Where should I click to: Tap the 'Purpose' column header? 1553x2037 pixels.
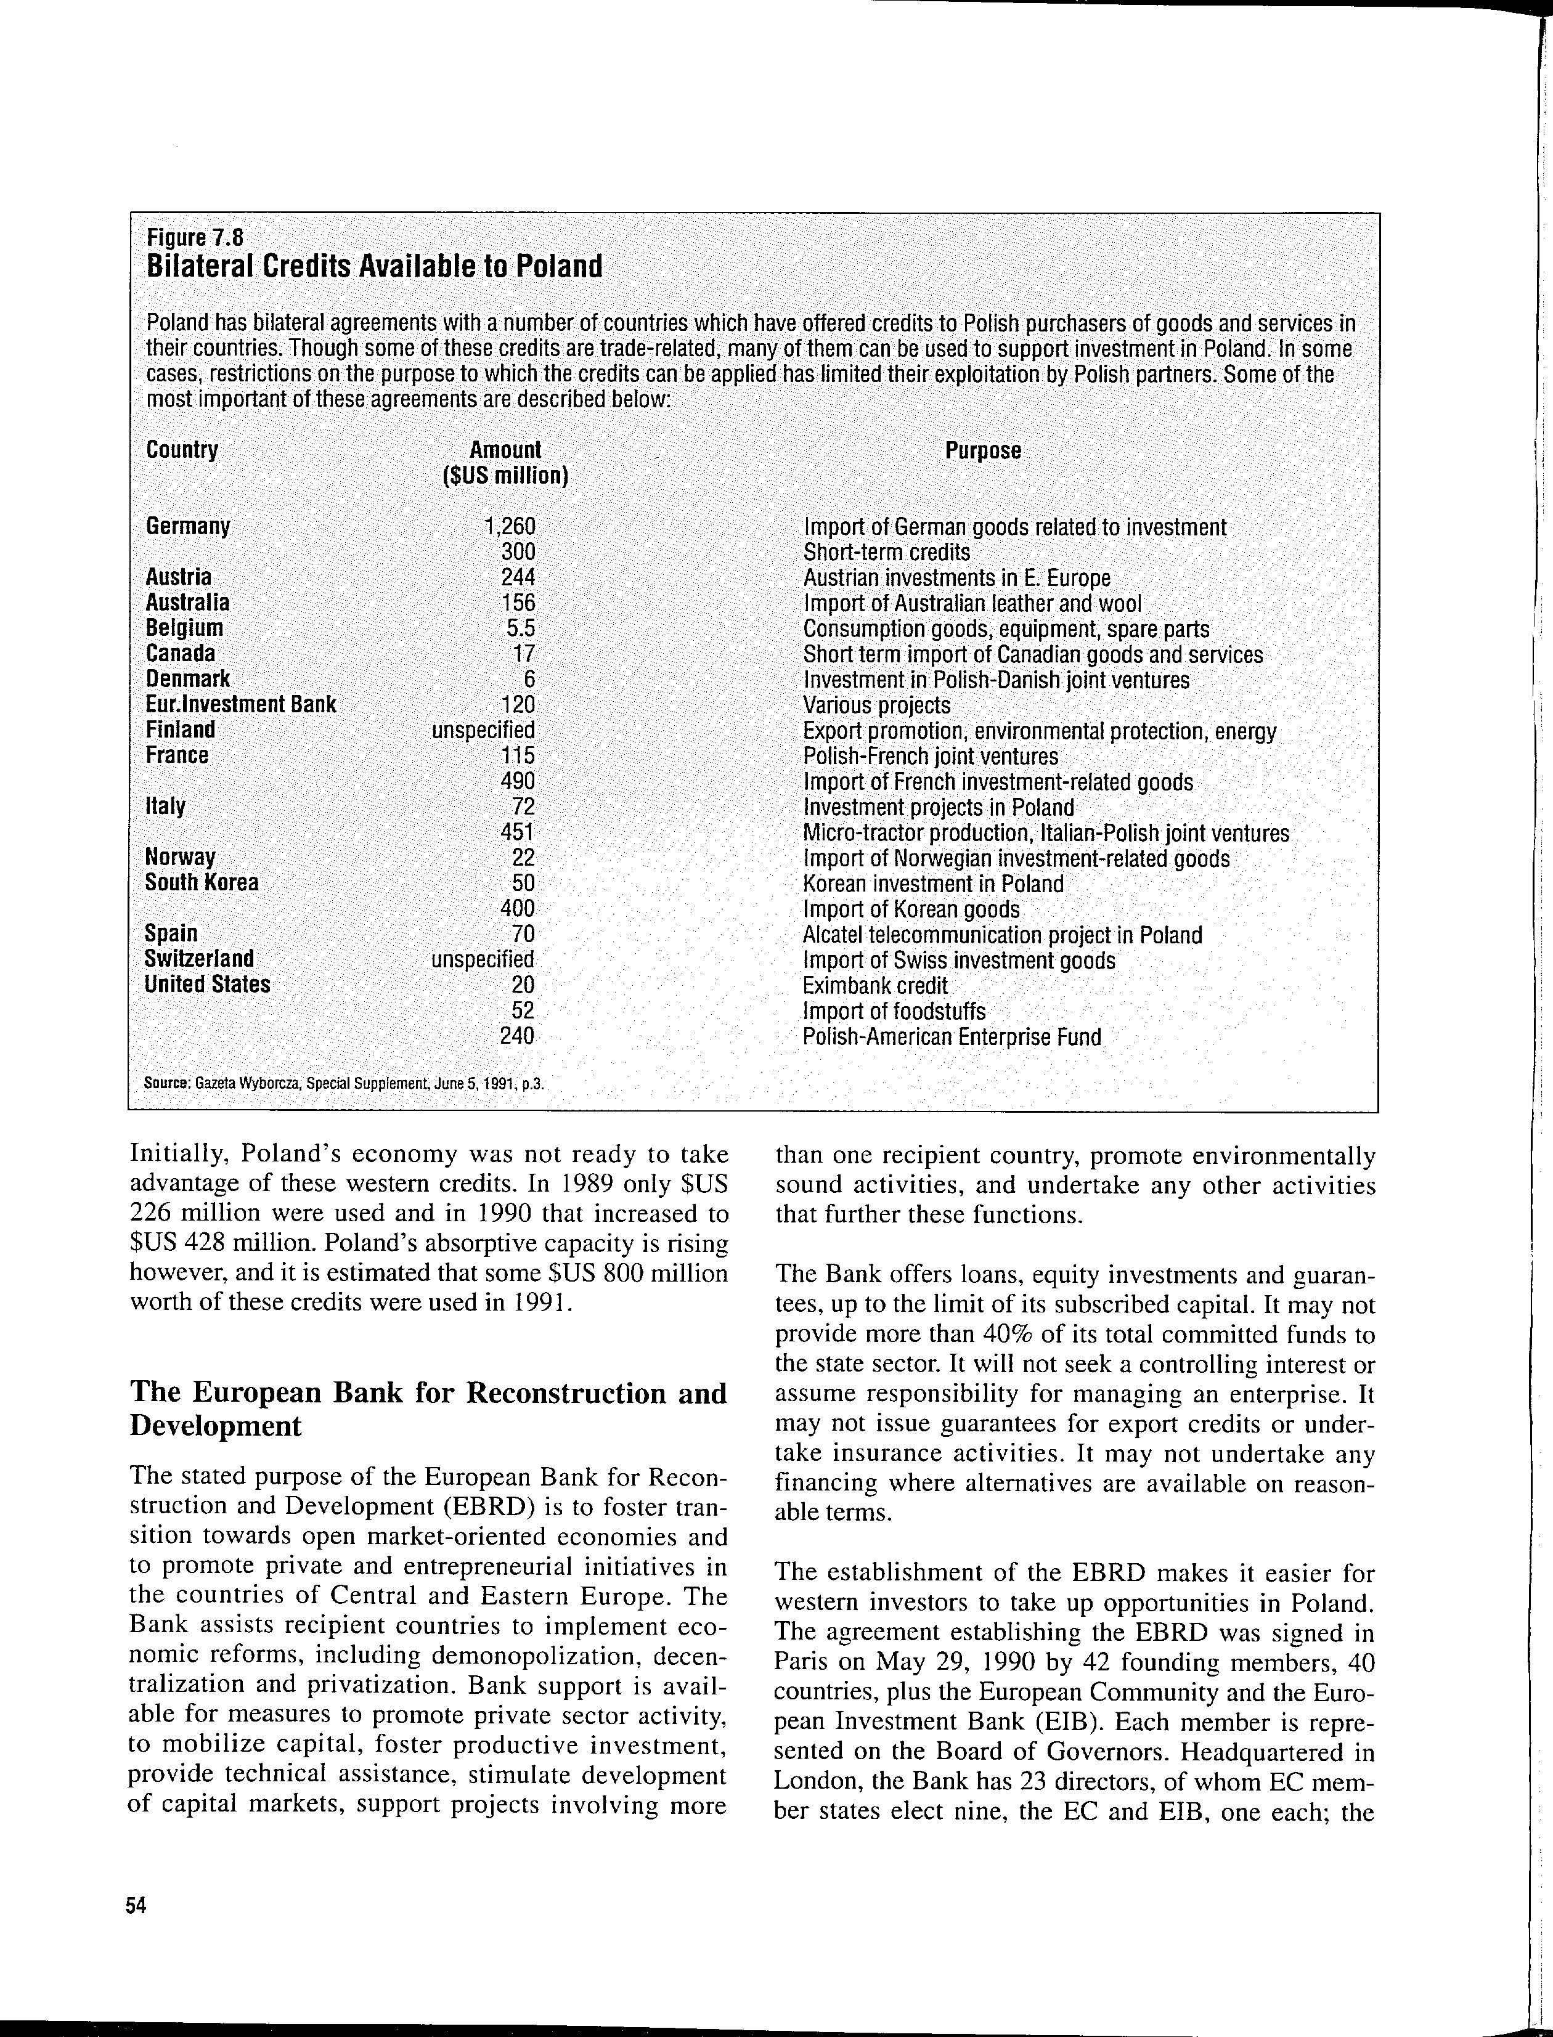click(x=982, y=451)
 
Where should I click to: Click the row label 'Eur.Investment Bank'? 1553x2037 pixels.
click(x=240, y=705)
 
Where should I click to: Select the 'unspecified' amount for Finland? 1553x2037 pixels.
click(x=483, y=730)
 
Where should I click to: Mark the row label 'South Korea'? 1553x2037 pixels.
click(x=202, y=882)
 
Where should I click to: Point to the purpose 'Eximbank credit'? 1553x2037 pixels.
click(x=875, y=986)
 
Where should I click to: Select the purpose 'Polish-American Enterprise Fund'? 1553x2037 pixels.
click(x=952, y=1037)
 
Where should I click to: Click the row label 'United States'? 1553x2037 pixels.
click(x=207, y=985)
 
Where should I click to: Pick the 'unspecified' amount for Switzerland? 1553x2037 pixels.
click(x=483, y=959)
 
